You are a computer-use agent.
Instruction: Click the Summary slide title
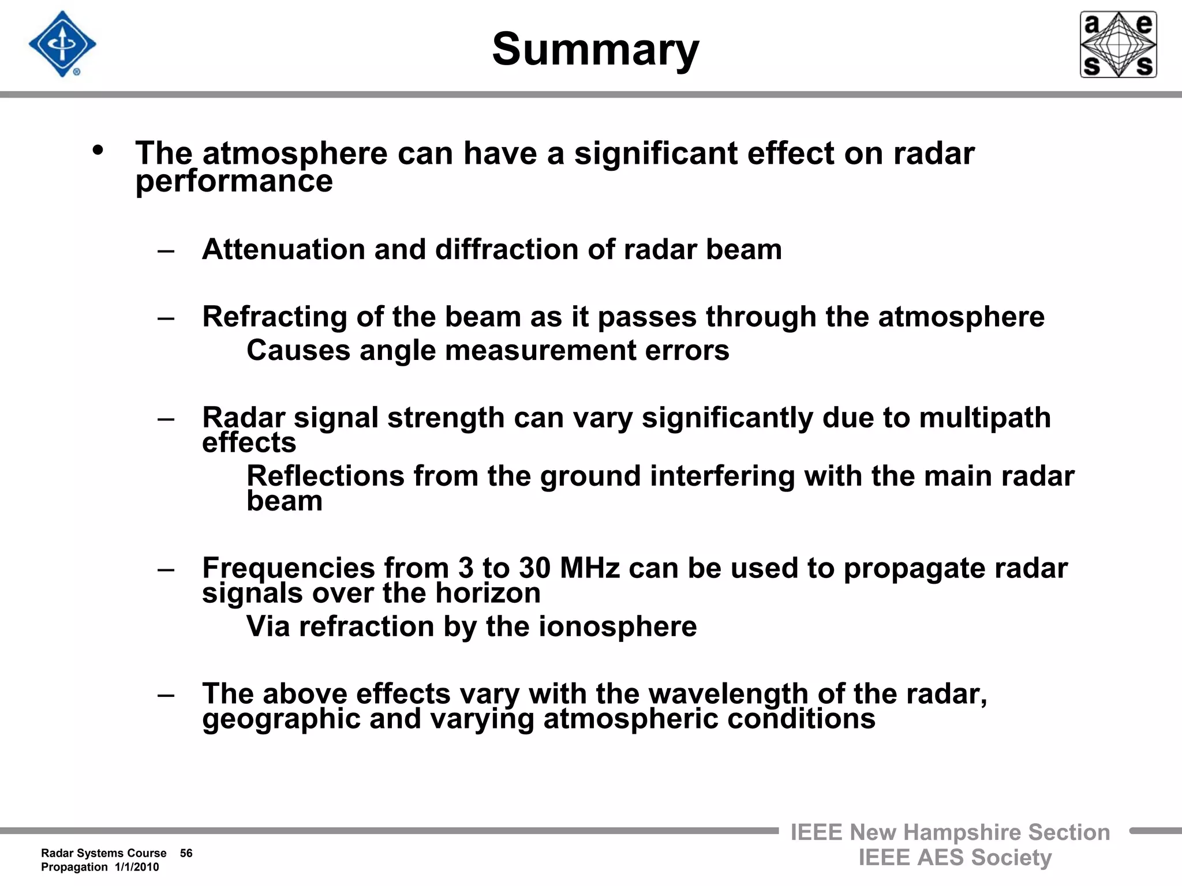coord(595,50)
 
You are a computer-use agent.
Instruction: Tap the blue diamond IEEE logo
coord(62,44)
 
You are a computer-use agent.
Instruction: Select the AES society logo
coord(1118,44)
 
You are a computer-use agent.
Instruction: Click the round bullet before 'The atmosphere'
coord(98,150)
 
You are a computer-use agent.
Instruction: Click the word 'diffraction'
coord(506,250)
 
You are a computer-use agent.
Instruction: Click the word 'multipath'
coord(985,418)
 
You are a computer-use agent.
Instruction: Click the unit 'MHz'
coord(589,568)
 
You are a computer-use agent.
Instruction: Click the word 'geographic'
coord(281,719)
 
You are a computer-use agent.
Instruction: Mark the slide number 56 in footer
coord(186,853)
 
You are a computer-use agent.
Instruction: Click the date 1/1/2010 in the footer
coord(137,867)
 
